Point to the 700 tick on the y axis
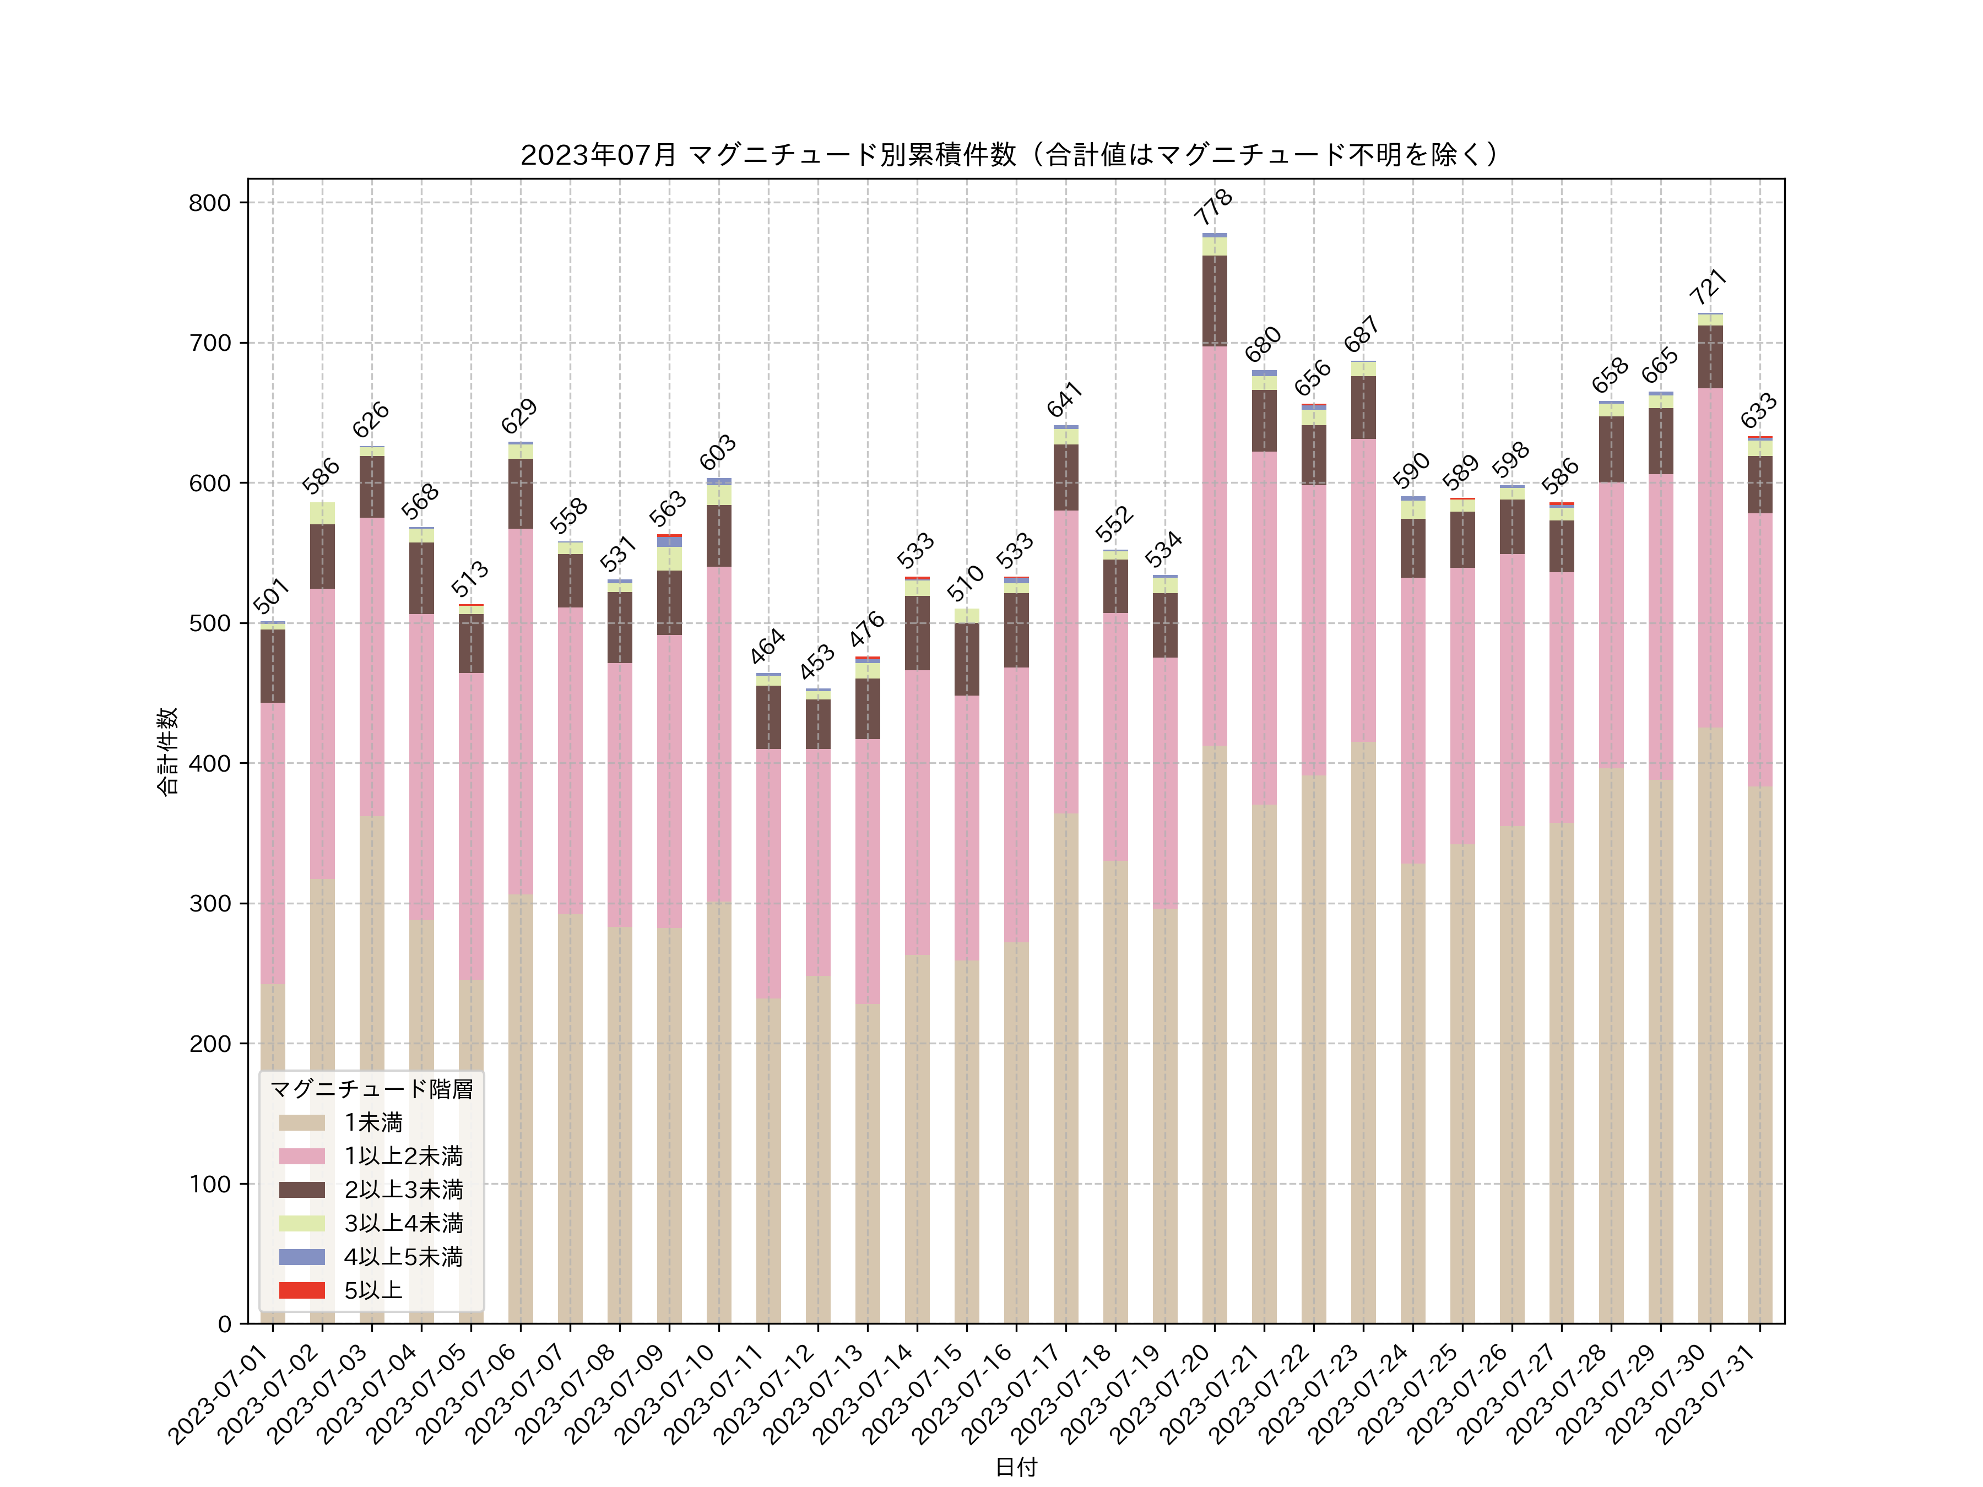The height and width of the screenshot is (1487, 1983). [210, 343]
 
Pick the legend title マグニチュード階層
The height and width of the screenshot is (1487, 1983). [371, 1089]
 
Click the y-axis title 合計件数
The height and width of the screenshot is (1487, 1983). [167, 751]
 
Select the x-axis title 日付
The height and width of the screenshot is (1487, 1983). [1016, 1467]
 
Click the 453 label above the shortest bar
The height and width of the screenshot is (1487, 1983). [817, 663]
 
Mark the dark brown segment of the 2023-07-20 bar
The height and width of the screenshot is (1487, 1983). [1215, 300]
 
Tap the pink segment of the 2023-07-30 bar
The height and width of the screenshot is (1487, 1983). [1710, 557]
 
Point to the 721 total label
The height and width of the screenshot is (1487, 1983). [1709, 287]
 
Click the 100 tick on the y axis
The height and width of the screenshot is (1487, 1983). [210, 1184]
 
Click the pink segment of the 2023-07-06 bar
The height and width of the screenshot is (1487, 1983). [521, 711]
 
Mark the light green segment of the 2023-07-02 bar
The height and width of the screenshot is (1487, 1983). [323, 513]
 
